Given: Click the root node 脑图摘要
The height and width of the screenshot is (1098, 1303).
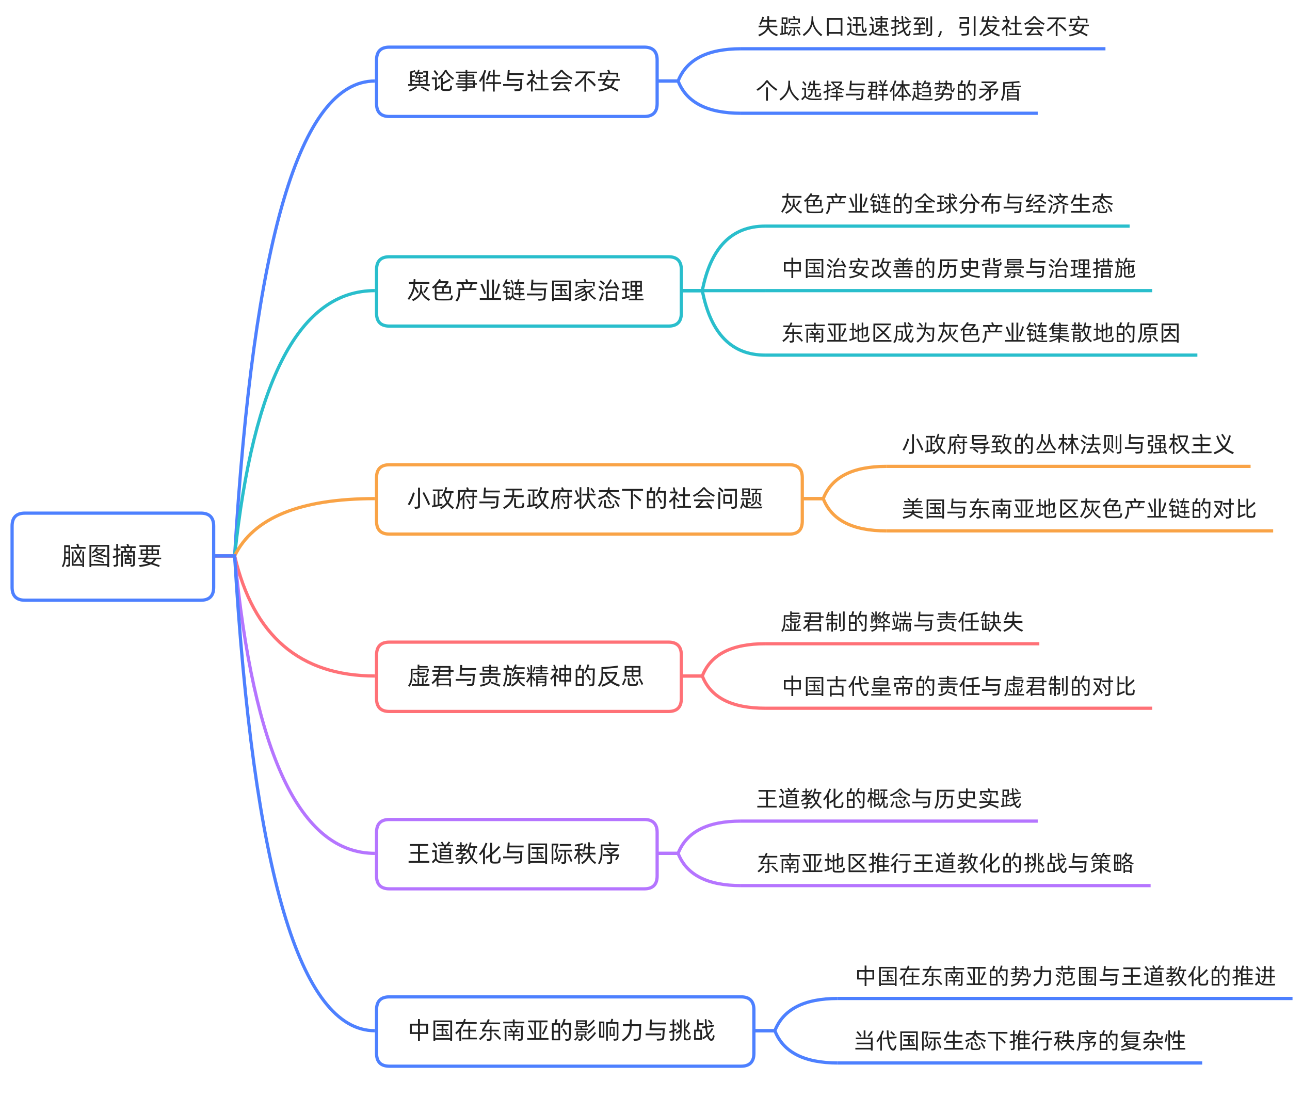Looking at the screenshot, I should [x=112, y=556].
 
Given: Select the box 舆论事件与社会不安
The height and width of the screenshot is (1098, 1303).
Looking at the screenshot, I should [x=516, y=82].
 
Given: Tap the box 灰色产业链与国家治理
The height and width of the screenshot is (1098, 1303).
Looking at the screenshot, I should [x=528, y=290].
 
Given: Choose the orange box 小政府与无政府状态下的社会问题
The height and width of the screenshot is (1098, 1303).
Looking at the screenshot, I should [x=588, y=498].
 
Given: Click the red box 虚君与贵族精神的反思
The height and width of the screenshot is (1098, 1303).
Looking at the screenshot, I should [x=528, y=676].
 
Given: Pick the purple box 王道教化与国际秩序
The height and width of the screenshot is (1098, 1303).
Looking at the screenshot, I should [x=516, y=854].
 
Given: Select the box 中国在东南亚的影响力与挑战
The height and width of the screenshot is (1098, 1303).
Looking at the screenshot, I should [x=564, y=1031].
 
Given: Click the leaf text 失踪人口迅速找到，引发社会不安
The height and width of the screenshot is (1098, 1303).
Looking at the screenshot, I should [x=923, y=27].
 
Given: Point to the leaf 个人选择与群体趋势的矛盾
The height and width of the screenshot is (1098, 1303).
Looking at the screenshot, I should [x=889, y=91].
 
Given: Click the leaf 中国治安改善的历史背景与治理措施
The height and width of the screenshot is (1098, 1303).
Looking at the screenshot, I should [x=958, y=269].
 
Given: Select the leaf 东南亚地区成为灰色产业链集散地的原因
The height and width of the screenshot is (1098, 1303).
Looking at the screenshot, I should [x=980, y=333].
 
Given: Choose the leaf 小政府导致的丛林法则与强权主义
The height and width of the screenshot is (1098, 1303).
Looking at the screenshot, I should [x=1067, y=444].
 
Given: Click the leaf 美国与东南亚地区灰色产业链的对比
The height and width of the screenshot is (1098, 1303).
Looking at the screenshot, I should [x=1078, y=509].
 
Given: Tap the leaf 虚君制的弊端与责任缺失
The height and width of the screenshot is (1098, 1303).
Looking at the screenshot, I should [x=902, y=622].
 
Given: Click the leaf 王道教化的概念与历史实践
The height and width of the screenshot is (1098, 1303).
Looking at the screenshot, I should [x=889, y=799].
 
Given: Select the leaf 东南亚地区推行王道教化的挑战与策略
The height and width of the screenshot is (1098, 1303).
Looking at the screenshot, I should [x=945, y=864].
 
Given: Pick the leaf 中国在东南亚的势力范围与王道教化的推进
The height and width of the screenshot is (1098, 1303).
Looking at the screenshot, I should [x=1065, y=977].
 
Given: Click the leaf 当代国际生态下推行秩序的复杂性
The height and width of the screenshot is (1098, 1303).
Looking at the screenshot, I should [x=1019, y=1041].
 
